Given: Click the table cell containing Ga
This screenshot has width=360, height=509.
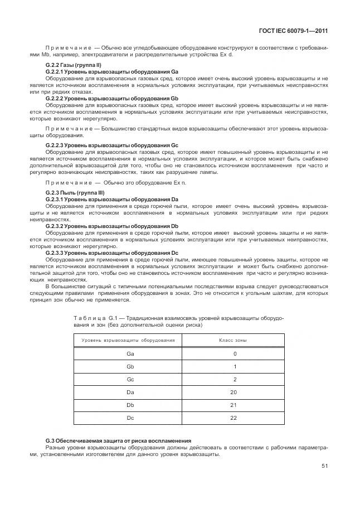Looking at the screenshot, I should click(x=130, y=353).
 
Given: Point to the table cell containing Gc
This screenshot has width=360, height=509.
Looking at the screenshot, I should click(x=130, y=379).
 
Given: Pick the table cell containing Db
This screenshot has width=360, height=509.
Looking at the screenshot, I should click(x=130, y=405).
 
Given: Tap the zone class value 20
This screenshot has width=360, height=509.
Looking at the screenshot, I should click(x=235, y=392).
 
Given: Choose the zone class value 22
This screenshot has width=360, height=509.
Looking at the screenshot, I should click(x=235, y=418).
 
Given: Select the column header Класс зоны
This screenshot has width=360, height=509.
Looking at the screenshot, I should click(x=235, y=340).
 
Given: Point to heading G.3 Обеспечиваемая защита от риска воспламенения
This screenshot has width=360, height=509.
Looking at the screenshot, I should click(x=119, y=440).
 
